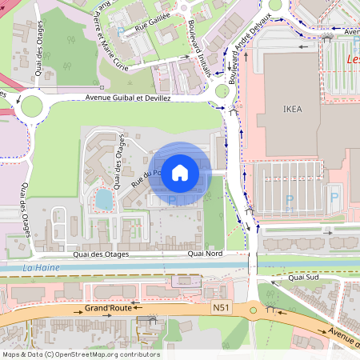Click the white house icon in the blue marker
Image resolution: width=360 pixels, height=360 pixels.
click(x=180, y=172)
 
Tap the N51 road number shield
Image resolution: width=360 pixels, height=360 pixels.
click(x=222, y=307)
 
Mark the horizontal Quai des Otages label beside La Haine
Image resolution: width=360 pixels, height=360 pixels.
click(x=100, y=254)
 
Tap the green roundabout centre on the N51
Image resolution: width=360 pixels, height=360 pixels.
click(x=253, y=310)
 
